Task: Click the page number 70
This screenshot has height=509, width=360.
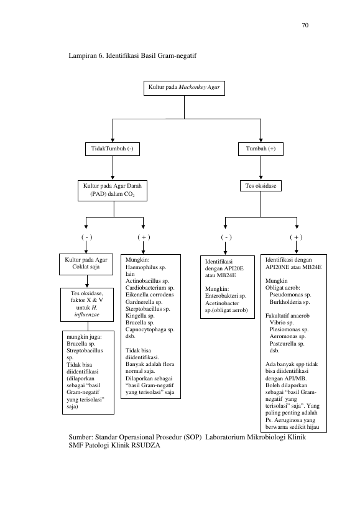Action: [305, 25]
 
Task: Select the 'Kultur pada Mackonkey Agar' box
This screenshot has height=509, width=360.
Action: [185, 88]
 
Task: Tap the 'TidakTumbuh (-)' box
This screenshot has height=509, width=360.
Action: [113, 149]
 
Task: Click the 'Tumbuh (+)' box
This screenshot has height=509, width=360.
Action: [261, 149]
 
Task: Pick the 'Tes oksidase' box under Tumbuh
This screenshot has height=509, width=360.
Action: [261, 186]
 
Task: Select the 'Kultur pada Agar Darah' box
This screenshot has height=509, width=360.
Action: [113, 191]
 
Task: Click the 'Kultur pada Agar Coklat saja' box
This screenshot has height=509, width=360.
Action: [86, 264]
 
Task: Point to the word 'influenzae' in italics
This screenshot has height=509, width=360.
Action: [86, 314]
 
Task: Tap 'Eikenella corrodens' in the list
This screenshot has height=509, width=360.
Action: [150, 295]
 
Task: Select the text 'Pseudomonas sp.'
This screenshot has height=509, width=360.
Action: [290, 295]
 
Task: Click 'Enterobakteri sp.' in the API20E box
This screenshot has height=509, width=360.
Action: [226, 296]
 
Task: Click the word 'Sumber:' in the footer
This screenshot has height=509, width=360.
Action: [81, 438]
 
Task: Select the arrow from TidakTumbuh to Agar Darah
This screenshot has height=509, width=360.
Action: [113, 168]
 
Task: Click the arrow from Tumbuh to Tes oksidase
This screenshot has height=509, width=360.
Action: [261, 168]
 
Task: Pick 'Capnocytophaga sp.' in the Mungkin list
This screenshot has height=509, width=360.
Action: [150, 329]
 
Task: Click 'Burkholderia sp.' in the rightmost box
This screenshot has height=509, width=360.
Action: [290, 302]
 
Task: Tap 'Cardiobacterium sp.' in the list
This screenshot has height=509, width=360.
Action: [150, 288]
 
